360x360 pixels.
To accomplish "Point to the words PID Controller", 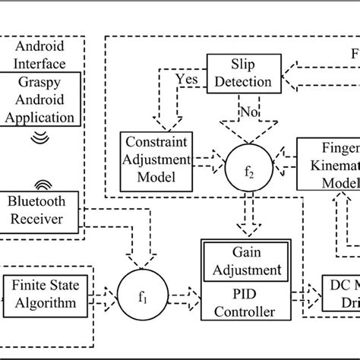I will click(245, 301).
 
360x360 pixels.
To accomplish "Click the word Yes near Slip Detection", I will click(186, 77).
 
